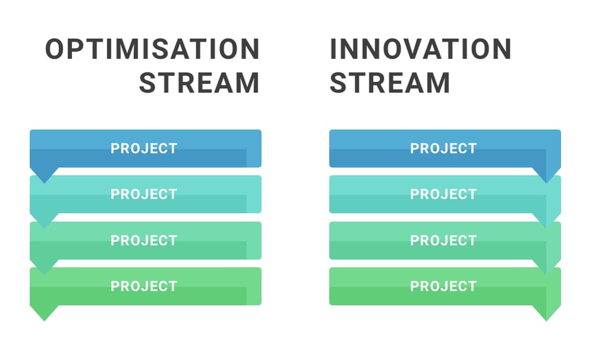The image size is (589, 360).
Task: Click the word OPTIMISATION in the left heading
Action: [x=152, y=49]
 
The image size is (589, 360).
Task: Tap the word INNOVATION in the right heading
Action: [x=421, y=49]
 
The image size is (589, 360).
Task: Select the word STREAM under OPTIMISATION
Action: [x=199, y=83]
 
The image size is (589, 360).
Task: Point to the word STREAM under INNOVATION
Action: [x=390, y=83]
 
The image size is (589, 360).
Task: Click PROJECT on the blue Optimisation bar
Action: [x=144, y=148]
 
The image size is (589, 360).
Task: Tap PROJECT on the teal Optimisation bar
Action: [x=144, y=194]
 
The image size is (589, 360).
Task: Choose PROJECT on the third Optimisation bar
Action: [x=144, y=240]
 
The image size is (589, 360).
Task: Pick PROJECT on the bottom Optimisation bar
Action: [x=144, y=286]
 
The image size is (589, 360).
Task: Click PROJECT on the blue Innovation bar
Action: [x=443, y=148]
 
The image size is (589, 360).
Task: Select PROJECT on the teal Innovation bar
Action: [x=443, y=194]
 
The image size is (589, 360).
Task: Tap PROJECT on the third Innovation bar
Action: [x=443, y=240]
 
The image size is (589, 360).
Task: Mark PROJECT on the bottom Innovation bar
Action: [x=443, y=286]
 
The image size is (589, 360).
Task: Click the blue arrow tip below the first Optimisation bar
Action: [x=44, y=183]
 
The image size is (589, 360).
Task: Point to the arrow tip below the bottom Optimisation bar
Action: [x=44, y=321]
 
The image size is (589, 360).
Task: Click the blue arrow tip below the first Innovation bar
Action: [x=547, y=183]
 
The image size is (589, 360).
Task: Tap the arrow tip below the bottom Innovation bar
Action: [x=547, y=321]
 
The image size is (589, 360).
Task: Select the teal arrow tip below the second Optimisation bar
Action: [x=44, y=229]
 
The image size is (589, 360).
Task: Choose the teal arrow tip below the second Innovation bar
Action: [x=547, y=229]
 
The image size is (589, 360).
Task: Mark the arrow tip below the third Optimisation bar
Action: [x=44, y=275]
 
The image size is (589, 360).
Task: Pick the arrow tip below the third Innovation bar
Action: [x=547, y=275]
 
